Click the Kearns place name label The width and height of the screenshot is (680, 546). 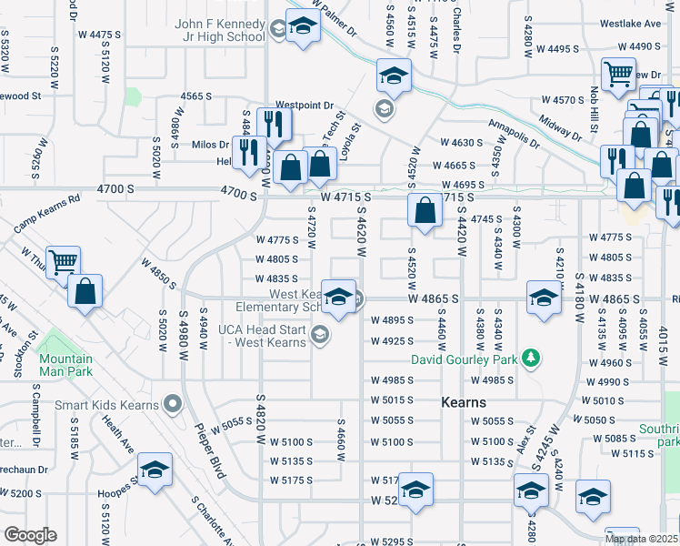(464, 402)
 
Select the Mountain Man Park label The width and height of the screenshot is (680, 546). (65, 365)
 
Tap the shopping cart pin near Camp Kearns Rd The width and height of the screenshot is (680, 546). (62, 263)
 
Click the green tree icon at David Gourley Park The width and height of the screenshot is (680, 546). (532, 359)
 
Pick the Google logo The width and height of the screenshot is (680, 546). (30, 535)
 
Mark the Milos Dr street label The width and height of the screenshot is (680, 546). (210, 145)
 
